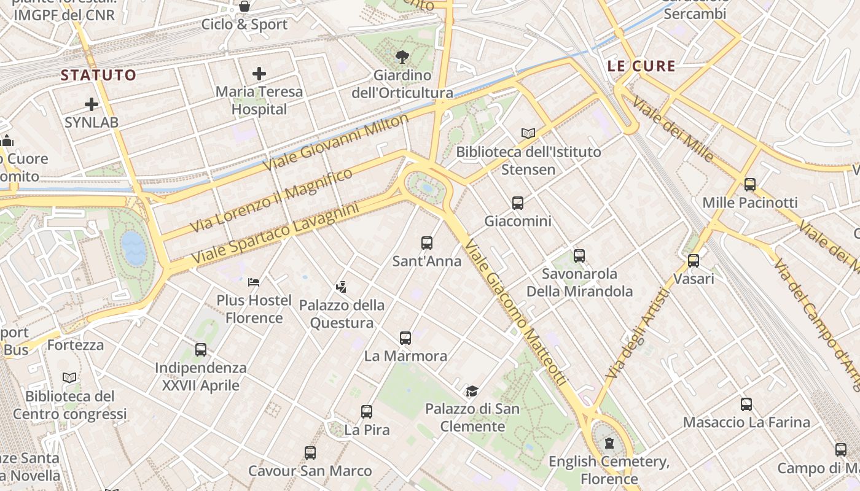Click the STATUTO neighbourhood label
tap(98, 75)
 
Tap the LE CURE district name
tap(641, 66)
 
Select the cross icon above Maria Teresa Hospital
tap(259, 74)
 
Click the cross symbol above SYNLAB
tap(92, 104)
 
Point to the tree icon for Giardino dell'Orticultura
tap(402, 58)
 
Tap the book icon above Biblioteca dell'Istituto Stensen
tap(528, 133)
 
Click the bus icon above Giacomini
tap(518, 203)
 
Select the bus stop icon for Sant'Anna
tap(427, 243)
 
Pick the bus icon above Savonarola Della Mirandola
tap(579, 256)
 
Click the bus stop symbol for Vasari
tap(694, 261)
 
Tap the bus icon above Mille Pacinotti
tap(750, 185)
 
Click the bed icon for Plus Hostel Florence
tap(254, 282)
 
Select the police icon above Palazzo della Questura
tap(342, 286)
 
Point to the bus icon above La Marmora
tap(405, 338)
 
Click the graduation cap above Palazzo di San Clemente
tap(472, 391)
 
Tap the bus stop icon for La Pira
tap(367, 412)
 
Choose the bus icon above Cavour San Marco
tap(310, 453)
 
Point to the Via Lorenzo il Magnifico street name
tap(272, 200)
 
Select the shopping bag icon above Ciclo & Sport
tap(244, 7)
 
